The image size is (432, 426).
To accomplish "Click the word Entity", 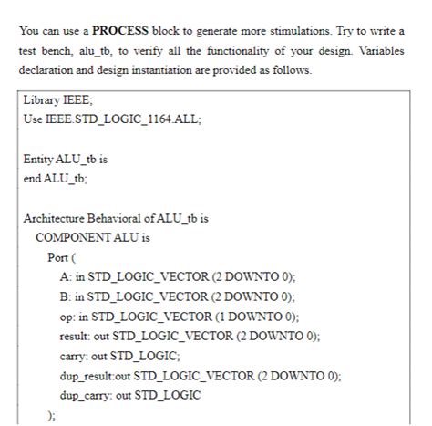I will click(41, 159).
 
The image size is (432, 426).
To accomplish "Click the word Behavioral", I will click(128, 218).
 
